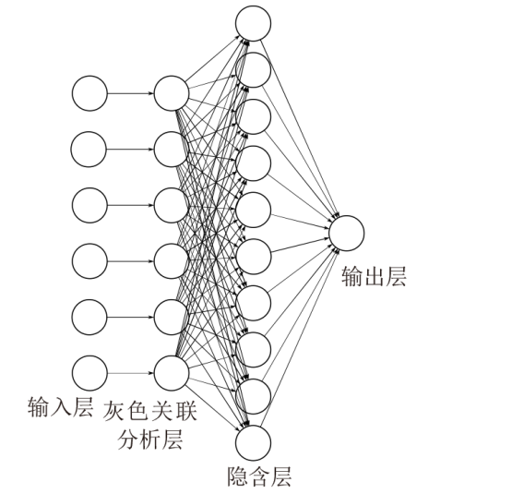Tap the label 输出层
pos(374,277)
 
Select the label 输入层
pos(60,407)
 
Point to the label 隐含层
pos(259,476)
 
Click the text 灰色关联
pos(150,411)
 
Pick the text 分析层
pos(150,440)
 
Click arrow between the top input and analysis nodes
pos(131,93)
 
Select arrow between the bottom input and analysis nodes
pos(131,373)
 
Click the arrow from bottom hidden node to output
pos(300,337)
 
